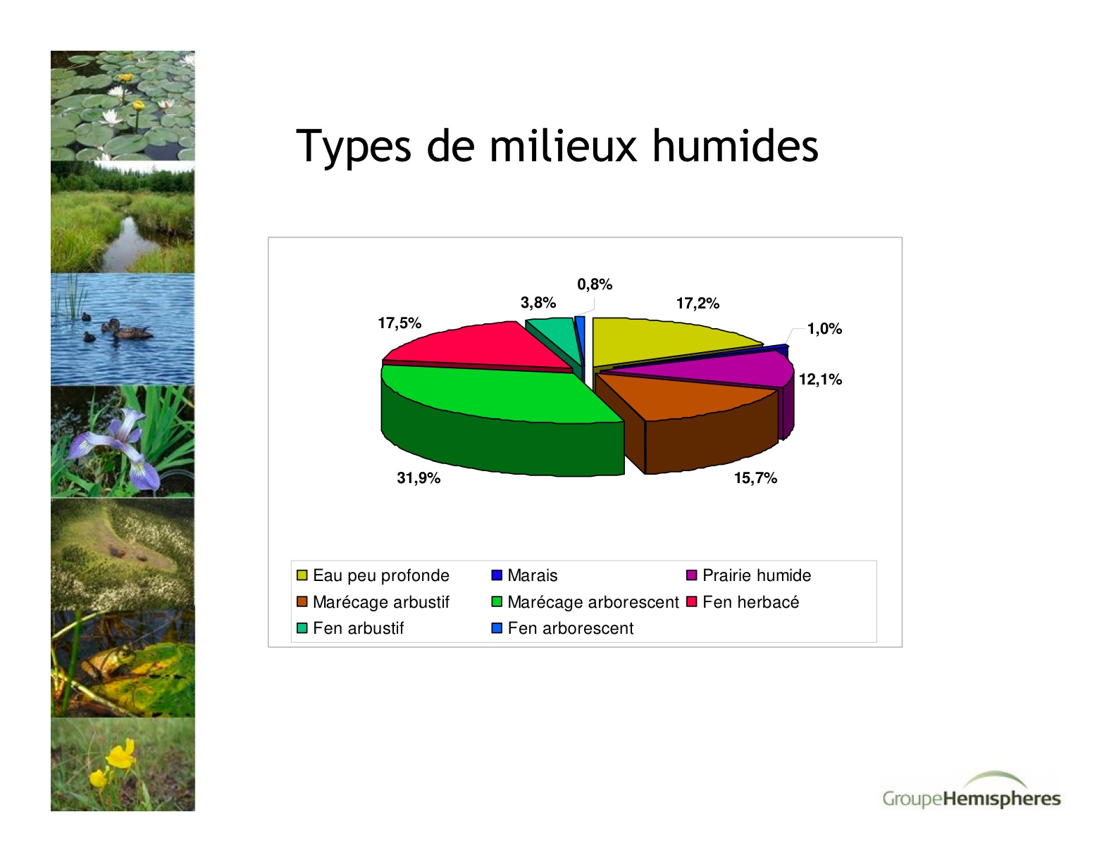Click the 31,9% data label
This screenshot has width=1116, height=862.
point(418,478)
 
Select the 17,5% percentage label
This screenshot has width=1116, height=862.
point(399,323)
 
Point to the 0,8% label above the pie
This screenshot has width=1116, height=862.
point(595,285)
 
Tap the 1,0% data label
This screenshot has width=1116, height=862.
point(824,329)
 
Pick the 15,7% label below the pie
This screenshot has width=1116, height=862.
point(755,478)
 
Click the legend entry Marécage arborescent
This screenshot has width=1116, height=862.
point(585,602)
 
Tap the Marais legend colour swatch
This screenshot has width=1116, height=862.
point(497,575)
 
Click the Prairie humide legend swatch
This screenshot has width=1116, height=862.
point(691,575)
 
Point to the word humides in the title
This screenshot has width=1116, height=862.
point(736,146)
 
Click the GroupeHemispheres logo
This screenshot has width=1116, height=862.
point(972,791)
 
